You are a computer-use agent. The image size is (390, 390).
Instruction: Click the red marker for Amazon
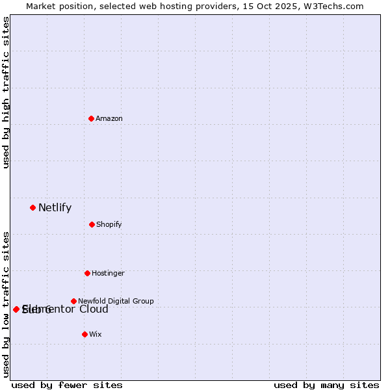pos(91,118)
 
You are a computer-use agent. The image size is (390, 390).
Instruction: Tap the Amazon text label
pos(109,118)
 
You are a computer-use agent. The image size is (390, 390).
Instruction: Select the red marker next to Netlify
pos(32,207)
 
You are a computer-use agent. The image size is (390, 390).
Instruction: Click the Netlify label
pos(55,208)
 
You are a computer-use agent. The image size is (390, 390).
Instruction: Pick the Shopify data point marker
pos(92,224)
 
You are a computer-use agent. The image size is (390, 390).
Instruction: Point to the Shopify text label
pos(109,224)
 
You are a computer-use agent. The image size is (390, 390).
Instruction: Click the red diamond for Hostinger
pos(87,273)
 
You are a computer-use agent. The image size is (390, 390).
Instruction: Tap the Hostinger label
pos(108,273)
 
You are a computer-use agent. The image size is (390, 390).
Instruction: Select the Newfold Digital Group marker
pos(73,301)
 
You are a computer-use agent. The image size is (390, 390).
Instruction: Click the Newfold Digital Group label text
pos(116,301)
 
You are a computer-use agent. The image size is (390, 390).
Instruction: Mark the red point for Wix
pos(84,334)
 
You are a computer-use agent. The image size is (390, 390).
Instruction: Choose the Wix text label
pos(96,334)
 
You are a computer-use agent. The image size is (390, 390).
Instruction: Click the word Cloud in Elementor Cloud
pos(94,309)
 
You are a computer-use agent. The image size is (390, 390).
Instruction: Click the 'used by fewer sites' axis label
pos(67,385)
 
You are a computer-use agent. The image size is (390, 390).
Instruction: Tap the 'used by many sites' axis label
pos(326,385)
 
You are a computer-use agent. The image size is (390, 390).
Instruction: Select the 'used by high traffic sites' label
pos(6,92)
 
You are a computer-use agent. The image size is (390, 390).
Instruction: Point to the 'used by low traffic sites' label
pos(6,304)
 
